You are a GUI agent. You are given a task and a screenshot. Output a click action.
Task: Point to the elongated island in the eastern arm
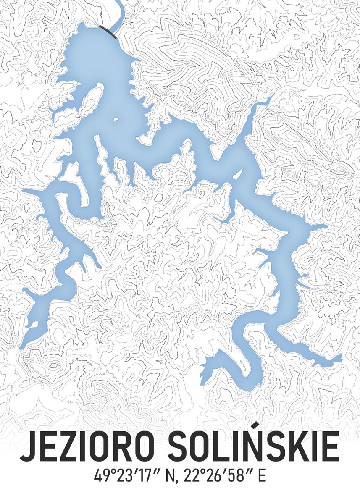coord(238,173)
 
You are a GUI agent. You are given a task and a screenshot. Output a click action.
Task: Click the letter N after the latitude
coord(170,477)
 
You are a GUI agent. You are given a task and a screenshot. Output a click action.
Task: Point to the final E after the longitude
coord(262,477)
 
